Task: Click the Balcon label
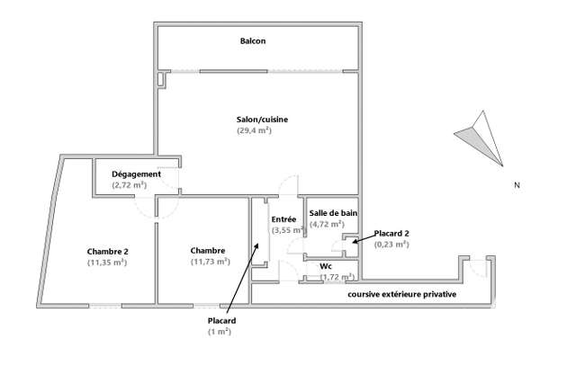click(x=253, y=41)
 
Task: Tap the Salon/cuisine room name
click(x=262, y=120)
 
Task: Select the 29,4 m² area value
click(x=254, y=130)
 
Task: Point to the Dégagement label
click(x=136, y=174)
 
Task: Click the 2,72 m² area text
click(x=130, y=185)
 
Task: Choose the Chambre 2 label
click(x=107, y=252)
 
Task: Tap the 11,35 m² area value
click(x=107, y=263)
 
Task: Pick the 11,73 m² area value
click(x=210, y=262)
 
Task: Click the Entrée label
click(x=283, y=219)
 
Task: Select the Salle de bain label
click(x=333, y=213)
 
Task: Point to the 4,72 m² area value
click(x=327, y=224)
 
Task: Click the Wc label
click(x=326, y=266)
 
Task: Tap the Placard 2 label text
click(x=391, y=234)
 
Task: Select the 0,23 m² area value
click(x=391, y=245)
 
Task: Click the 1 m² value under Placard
click(x=220, y=332)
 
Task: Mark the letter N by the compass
click(x=517, y=185)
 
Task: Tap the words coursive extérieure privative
click(x=401, y=294)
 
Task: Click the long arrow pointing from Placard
click(x=242, y=277)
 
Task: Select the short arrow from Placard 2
click(x=364, y=239)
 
